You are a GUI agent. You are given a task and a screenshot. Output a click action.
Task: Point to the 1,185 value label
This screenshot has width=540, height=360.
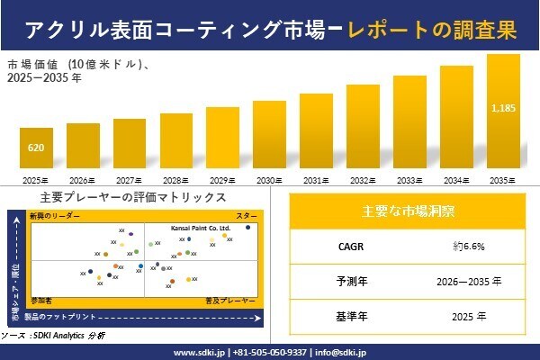click(503, 108)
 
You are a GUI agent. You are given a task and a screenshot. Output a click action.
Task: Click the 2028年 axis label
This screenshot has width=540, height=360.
click(175, 180)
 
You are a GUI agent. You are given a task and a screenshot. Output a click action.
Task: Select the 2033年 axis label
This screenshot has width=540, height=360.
click(409, 180)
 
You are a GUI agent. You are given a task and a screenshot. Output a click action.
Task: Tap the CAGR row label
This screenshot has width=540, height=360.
click(346, 246)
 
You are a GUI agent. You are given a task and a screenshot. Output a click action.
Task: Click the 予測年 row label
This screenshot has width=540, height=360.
click(346, 282)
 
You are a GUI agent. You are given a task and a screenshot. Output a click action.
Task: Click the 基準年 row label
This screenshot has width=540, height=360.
click(346, 317)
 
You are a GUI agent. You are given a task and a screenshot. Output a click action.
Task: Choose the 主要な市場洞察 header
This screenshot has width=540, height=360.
click(407, 211)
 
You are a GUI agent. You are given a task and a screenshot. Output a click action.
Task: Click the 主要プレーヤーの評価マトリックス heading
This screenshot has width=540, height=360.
click(133, 197)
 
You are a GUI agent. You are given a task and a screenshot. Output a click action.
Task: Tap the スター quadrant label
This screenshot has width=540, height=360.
click(246, 217)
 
